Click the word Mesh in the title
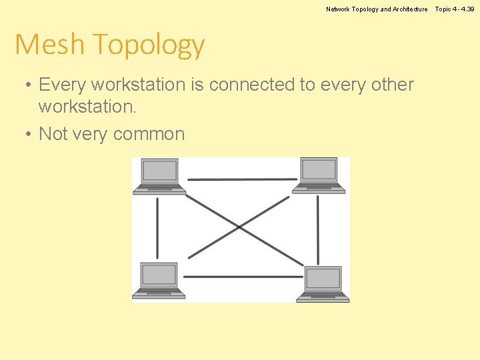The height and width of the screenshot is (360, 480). point(50,45)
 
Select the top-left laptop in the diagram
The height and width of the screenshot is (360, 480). point(159,176)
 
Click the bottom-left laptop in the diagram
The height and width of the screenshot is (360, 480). point(159,279)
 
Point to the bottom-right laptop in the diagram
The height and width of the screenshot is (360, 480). point(323,283)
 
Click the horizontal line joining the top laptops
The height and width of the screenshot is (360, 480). point(241,179)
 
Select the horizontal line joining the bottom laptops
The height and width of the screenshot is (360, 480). point(243,276)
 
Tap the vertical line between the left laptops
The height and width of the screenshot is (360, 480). point(157,227)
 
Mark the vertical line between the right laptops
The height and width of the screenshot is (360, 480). point(318,229)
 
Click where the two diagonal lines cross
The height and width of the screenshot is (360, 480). point(239,228)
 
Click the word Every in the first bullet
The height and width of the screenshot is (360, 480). point(63,85)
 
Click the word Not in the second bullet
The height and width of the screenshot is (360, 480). point(53,134)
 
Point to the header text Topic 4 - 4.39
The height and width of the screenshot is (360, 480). point(455,9)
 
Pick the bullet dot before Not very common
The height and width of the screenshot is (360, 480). point(25,134)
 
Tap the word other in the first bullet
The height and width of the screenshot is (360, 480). point(391,85)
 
